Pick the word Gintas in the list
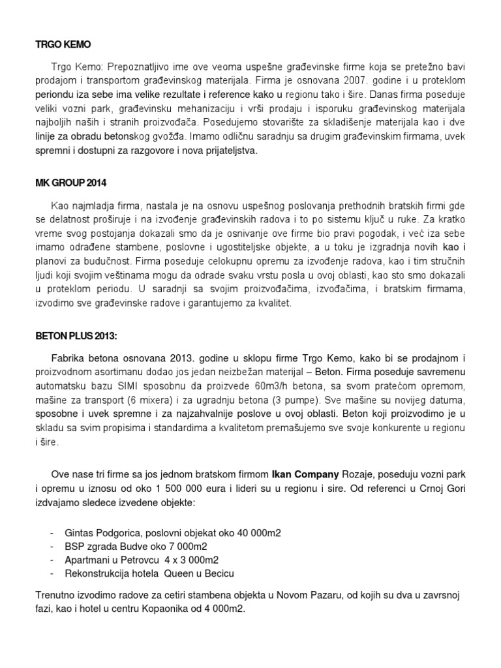(x=79, y=532)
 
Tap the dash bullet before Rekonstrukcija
(x=52, y=573)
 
